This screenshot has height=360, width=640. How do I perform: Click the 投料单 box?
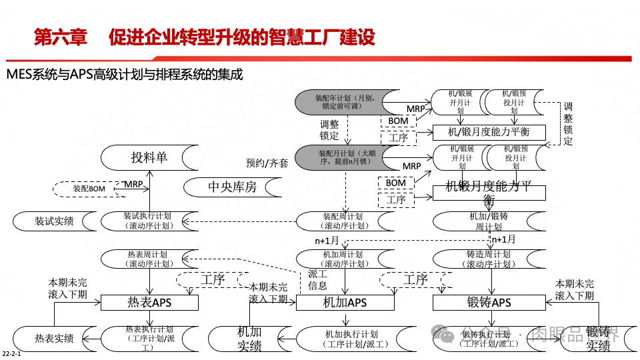[x=149, y=158]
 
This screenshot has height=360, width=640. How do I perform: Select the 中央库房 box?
[x=231, y=187]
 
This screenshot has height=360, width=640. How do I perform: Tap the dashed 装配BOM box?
[x=89, y=189]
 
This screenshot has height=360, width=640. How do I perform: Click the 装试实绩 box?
[x=54, y=221]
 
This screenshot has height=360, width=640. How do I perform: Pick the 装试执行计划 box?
[x=148, y=221]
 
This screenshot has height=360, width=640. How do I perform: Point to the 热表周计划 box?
[x=148, y=259]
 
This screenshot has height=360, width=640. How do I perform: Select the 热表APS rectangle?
[x=149, y=303]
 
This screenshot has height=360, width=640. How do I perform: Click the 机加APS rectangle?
[x=345, y=303]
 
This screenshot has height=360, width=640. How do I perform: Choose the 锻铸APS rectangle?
[x=489, y=303]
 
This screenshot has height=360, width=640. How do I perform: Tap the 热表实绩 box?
[x=54, y=338]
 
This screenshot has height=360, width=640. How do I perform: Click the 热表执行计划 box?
[x=149, y=338]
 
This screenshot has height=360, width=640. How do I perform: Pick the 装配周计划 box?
[x=343, y=221]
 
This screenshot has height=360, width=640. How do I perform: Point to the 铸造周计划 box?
[x=488, y=259]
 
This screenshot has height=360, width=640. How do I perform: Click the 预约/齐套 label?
[x=267, y=163]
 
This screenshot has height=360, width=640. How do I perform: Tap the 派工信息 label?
[x=317, y=279]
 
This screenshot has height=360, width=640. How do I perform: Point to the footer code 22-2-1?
[x=11, y=353]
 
